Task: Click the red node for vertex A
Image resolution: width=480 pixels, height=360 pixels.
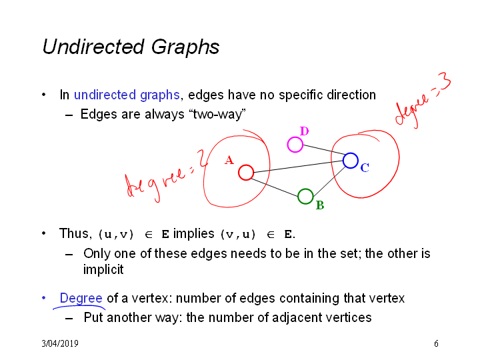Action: (x=246, y=166)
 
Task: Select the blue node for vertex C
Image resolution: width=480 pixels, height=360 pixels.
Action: (x=351, y=154)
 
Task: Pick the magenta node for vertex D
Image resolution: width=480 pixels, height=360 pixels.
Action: (x=295, y=138)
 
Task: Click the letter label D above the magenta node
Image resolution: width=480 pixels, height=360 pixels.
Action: (x=304, y=131)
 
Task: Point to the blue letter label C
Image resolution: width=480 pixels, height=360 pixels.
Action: (x=365, y=168)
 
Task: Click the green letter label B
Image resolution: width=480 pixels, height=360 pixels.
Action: (x=320, y=205)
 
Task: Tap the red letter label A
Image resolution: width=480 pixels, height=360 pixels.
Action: (x=229, y=160)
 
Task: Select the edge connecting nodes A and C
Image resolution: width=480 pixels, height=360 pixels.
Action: (x=298, y=167)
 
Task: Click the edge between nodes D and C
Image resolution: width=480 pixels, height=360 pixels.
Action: (x=324, y=150)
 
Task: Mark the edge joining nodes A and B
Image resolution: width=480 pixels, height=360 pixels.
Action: (x=275, y=187)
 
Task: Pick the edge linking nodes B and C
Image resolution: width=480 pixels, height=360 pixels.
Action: (x=329, y=181)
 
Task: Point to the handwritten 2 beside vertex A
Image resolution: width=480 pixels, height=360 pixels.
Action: (x=202, y=158)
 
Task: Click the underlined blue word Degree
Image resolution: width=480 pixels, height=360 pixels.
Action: (x=81, y=299)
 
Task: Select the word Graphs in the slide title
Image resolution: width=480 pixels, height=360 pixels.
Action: (x=185, y=47)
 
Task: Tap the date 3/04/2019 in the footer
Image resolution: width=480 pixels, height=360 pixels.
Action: (x=60, y=343)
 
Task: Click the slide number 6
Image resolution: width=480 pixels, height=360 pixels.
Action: (x=436, y=343)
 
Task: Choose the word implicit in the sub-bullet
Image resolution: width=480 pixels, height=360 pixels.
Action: (x=103, y=270)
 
